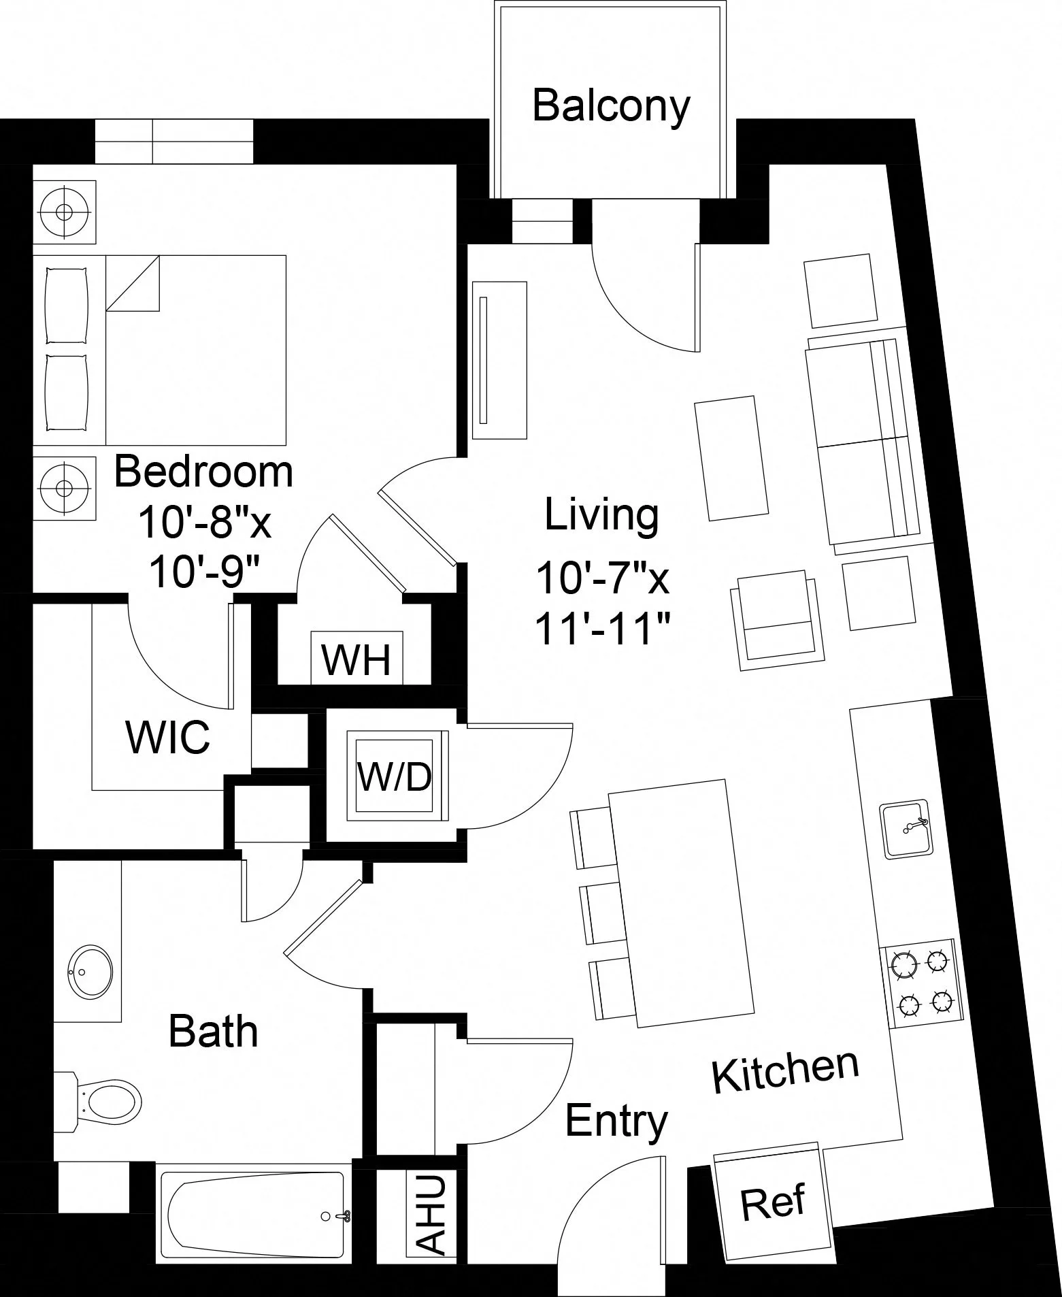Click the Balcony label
tap(610, 106)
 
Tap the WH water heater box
tap(357, 659)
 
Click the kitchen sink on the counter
tap(906, 830)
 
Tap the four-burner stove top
tap(922, 983)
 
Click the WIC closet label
tap(168, 737)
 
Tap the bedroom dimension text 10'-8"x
tap(204, 523)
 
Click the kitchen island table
tap(682, 904)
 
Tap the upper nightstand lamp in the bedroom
tap(65, 212)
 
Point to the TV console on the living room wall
tap(500, 360)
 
